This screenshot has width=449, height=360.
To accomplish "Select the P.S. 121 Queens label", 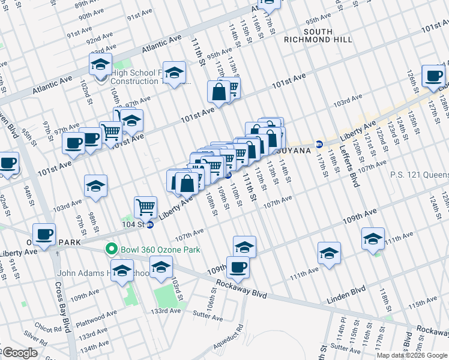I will (x=419, y=175).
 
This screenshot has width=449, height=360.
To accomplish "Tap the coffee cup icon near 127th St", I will (x=433, y=76).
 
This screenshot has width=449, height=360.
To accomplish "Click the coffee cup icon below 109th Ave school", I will (x=238, y=267).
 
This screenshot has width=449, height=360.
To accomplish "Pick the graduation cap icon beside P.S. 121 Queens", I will (x=373, y=239).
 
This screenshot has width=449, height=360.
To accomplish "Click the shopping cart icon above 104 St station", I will (x=146, y=208).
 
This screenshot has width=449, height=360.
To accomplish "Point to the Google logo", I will (x=20, y=353).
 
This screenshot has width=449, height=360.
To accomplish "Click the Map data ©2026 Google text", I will (x=411, y=355).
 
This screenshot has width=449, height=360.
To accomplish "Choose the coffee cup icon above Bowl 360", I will (x=43, y=234).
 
